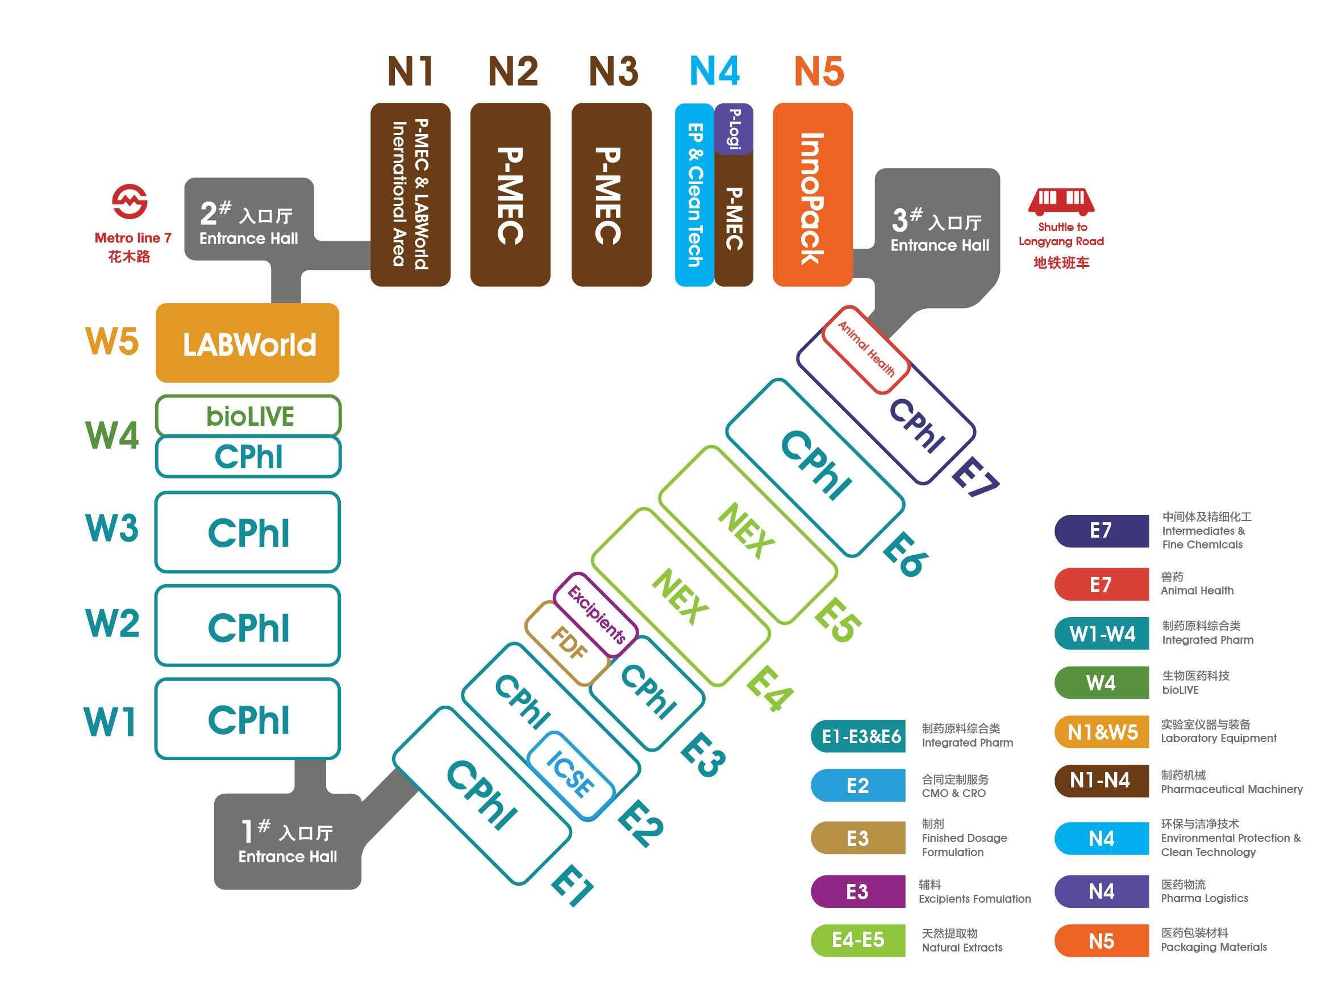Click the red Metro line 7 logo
130,202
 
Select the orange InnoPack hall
812,195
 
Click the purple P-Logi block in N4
733,128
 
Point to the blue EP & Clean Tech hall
695,195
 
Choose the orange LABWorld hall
248,343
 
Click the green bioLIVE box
248,416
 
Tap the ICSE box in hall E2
570,774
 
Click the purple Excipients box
596,614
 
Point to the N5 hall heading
819,71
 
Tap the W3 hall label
112,527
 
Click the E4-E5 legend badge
858,941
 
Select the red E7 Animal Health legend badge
1102,585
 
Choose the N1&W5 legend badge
1102,732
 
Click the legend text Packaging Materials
1214,947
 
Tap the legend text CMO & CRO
954,793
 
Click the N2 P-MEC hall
510,195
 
